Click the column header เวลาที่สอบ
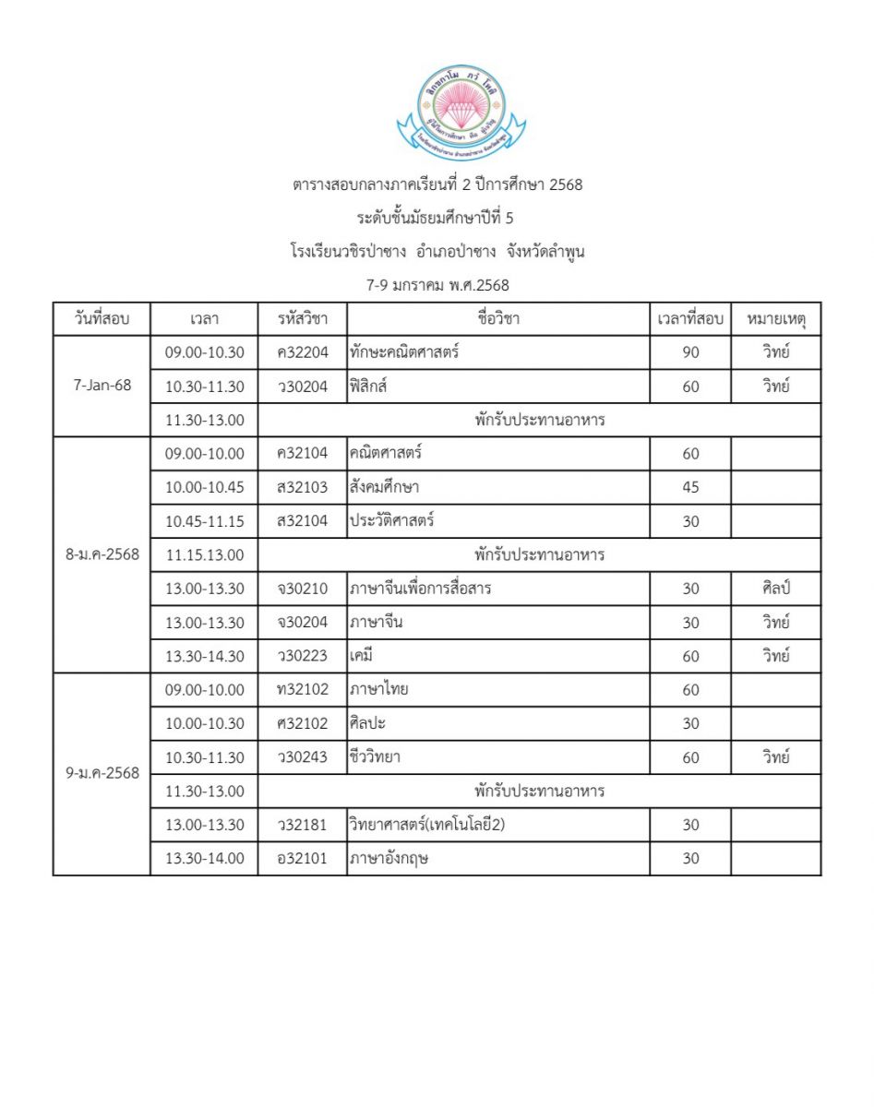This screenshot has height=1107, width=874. tap(690, 319)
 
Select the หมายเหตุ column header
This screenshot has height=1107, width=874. tap(775, 319)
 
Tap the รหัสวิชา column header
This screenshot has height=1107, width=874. tap(302, 319)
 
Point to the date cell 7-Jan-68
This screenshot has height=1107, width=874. tap(102, 386)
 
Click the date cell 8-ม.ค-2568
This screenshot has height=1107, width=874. tap(102, 554)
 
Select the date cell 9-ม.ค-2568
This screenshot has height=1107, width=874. tap(102, 774)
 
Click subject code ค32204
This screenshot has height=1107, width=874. tap(302, 352)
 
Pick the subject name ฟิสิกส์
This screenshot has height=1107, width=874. tap(368, 387)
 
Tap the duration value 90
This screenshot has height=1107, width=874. tap(690, 352)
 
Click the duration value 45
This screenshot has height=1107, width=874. tap(690, 487)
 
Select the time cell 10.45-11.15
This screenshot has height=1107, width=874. tap(204, 521)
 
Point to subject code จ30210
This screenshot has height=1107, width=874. tap(302, 589)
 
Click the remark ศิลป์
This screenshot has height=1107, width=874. tap(775, 589)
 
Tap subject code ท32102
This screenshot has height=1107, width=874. tap(302, 690)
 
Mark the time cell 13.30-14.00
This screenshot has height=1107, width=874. tap(204, 859)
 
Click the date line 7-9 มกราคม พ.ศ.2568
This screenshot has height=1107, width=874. tap(437, 285)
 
